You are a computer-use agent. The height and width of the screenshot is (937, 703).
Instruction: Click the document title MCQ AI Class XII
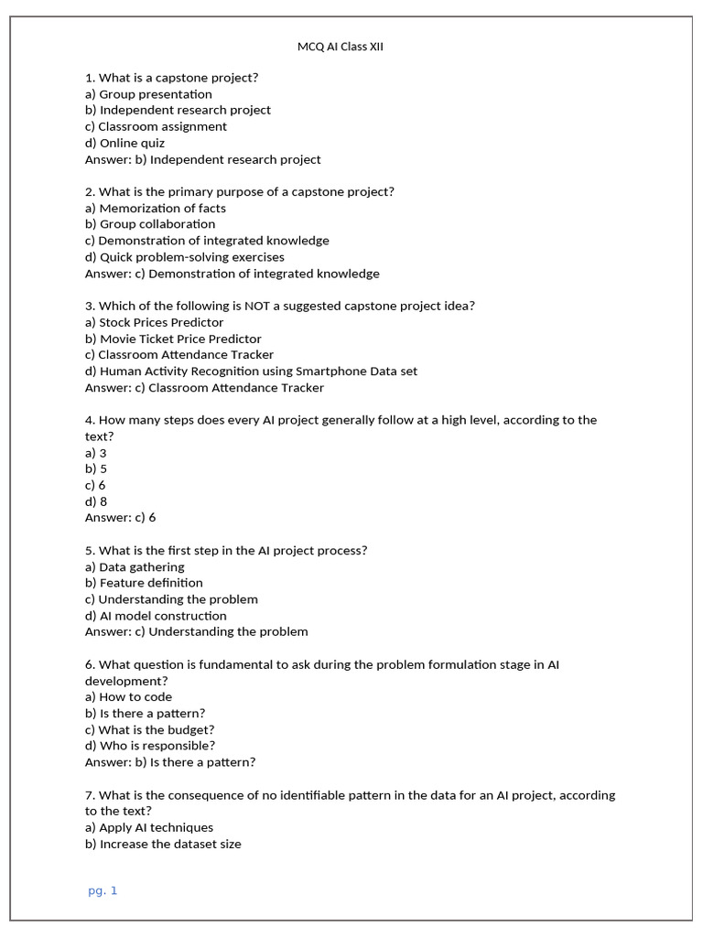(341, 47)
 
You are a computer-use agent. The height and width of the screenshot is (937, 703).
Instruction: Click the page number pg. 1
(103, 890)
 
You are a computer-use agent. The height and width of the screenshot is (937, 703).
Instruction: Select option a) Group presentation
(148, 94)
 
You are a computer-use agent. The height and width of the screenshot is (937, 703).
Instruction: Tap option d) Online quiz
(124, 143)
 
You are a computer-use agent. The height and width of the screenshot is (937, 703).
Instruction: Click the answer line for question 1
(202, 159)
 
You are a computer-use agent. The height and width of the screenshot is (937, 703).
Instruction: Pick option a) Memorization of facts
(155, 208)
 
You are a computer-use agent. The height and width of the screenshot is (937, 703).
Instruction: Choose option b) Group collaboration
(150, 224)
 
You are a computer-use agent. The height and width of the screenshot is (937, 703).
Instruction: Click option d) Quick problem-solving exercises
(184, 257)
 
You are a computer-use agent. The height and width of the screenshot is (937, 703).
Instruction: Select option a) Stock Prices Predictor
(154, 322)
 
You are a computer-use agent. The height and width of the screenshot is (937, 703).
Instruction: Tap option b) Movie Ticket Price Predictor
(173, 339)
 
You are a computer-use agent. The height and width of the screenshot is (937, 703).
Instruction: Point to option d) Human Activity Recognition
(251, 372)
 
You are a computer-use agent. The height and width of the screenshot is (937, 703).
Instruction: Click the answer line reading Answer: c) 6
(120, 518)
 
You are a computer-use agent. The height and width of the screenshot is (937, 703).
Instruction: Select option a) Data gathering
(135, 567)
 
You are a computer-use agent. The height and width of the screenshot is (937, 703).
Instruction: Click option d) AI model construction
(156, 616)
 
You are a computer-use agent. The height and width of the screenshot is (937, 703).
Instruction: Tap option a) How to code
(128, 697)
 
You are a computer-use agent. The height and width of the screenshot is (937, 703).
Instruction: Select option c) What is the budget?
(149, 730)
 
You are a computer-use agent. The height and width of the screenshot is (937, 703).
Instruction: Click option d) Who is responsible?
(150, 746)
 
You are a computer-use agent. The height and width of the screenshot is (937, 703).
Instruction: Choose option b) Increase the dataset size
(163, 844)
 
